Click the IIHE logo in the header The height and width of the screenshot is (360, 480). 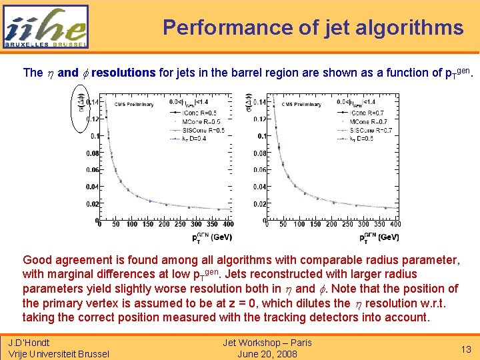tap(45, 27)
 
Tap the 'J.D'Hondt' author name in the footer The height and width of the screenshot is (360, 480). tap(30, 343)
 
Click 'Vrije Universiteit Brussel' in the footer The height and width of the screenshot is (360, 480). tap(59, 353)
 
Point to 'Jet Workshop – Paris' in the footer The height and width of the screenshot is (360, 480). tap(267, 343)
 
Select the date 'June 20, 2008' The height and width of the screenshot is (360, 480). tap(267, 353)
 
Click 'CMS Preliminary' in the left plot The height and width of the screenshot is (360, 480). tap(133, 104)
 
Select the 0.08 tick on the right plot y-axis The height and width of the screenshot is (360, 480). tap(259, 153)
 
